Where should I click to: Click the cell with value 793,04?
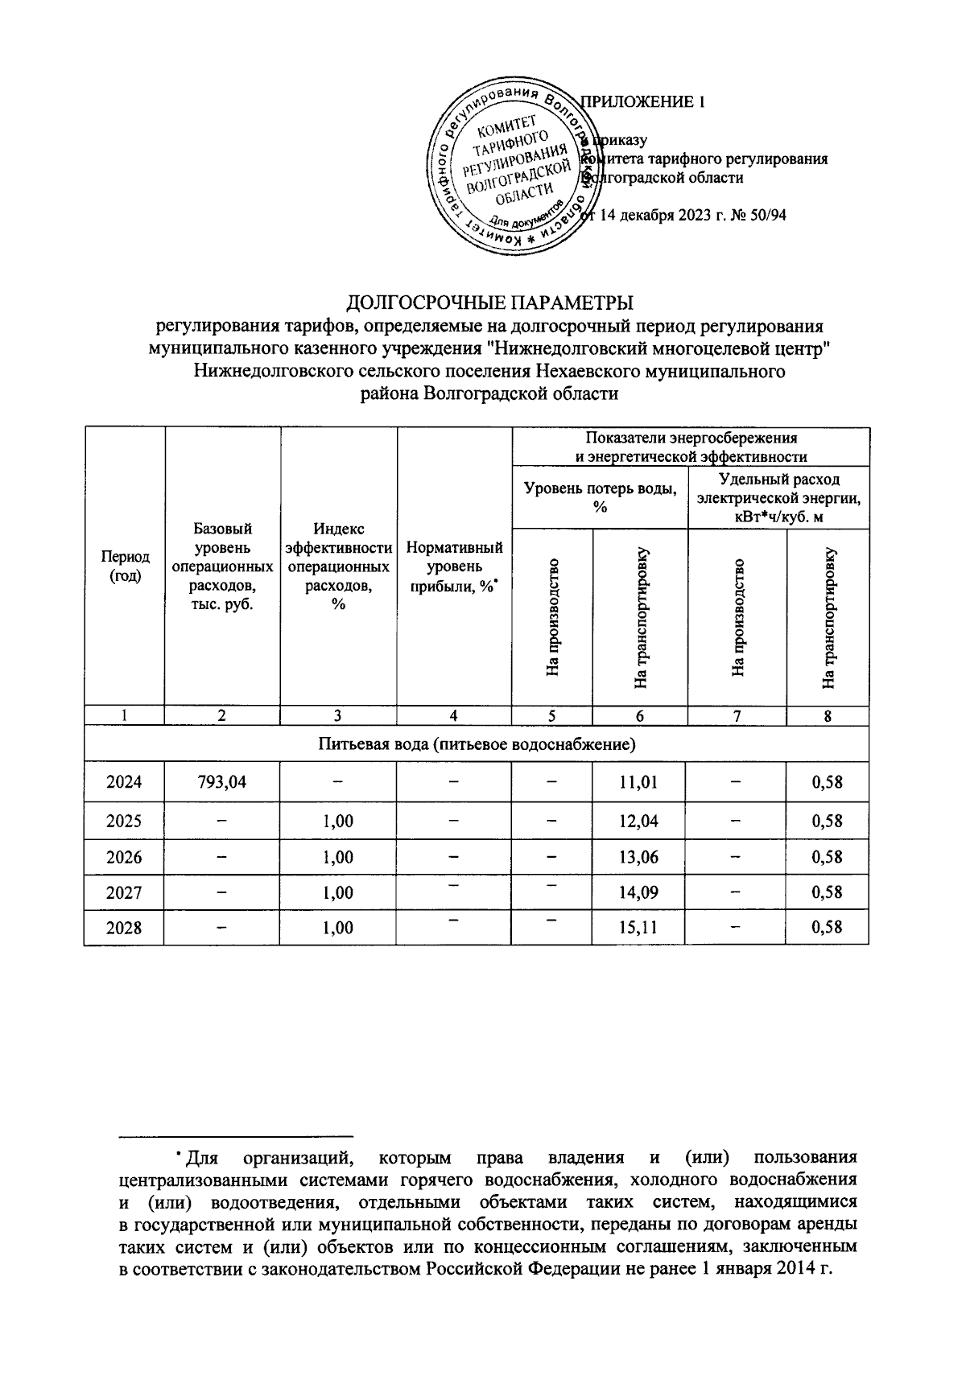pyautogui.click(x=223, y=781)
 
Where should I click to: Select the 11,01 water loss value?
pyautogui.click(x=639, y=781)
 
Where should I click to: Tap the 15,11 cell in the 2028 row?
pyautogui.click(x=639, y=928)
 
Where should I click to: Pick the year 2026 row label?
pyautogui.click(x=125, y=857)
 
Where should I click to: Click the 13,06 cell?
pyautogui.click(x=639, y=857)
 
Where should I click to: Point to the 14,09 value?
pyautogui.click(x=639, y=892)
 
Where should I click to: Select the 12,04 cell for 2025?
pyautogui.click(x=639, y=821)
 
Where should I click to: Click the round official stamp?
pyautogui.click(x=514, y=169)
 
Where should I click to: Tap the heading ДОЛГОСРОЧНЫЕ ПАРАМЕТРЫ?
pyautogui.click(x=489, y=303)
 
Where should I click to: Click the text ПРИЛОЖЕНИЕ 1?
pyautogui.click(x=642, y=102)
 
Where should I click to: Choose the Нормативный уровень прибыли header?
pyautogui.click(x=455, y=567)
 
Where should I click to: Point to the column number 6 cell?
pyautogui.click(x=639, y=716)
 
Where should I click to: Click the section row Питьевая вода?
pyautogui.click(x=477, y=744)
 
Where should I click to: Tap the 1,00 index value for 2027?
pyautogui.click(x=338, y=892)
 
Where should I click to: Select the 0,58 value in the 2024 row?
pyautogui.click(x=827, y=781)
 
